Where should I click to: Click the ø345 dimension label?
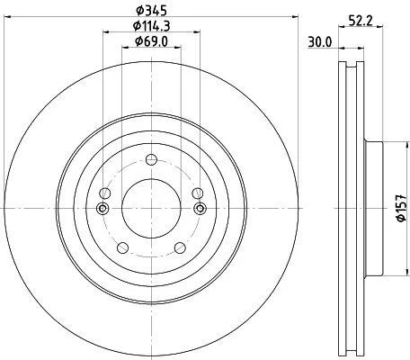click(151, 11)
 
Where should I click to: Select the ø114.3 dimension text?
click(152, 26)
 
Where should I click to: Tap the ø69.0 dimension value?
click(151, 41)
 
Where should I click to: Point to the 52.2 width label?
click(361, 21)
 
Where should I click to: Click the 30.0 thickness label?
click(320, 42)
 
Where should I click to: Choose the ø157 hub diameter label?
click(401, 208)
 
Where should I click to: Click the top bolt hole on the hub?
click(151, 159)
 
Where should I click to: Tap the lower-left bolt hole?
click(122, 247)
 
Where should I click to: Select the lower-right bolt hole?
click(180, 247)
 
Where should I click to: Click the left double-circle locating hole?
click(102, 208)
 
